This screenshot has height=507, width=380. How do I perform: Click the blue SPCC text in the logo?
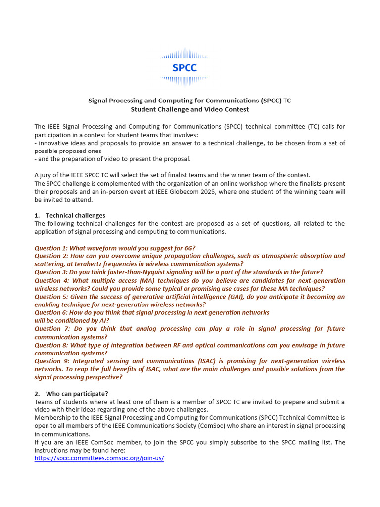pyautogui.click(x=185, y=68)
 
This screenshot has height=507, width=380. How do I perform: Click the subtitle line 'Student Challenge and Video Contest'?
pyautogui.click(x=190, y=109)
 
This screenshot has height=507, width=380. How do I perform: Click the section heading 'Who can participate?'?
pyautogui.click(x=77, y=393)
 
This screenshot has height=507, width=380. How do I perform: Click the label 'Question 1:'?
pyautogui.click(x=51, y=248)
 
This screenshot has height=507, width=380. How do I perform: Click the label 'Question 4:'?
pyautogui.click(x=51, y=281)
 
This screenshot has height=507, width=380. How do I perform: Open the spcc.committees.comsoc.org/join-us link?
pyautogui.click(x=99, y=458)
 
